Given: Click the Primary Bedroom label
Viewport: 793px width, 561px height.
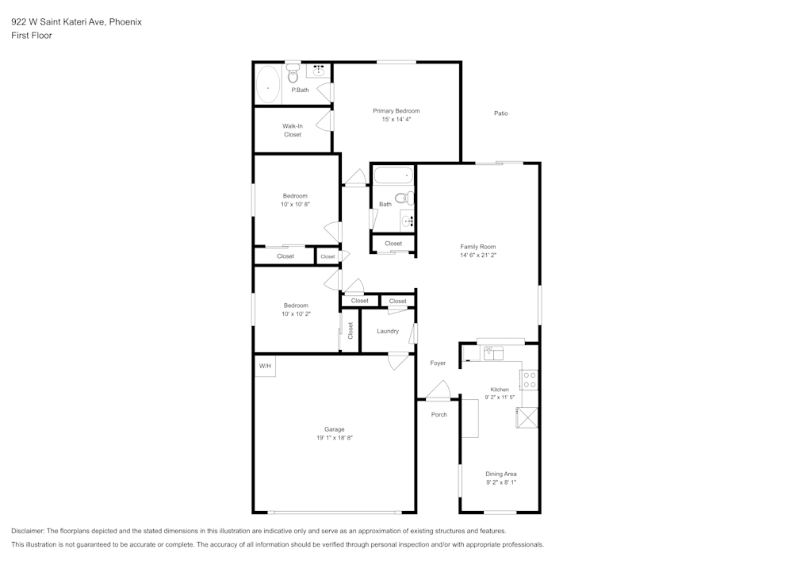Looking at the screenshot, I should point(396,110).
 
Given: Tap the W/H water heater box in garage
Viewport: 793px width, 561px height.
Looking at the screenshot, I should point(264,366).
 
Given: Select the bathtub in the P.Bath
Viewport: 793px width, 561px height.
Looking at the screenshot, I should point(267,85).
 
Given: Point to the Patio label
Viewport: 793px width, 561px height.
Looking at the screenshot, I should point(500,113).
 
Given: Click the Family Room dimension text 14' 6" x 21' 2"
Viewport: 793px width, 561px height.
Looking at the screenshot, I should point(477,256).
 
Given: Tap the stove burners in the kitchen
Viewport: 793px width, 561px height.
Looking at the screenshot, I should point(530,379).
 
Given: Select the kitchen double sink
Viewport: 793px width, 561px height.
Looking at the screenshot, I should point(495,352).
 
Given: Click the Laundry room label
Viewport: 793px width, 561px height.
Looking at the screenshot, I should point(388,331).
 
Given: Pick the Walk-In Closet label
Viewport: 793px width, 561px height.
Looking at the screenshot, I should point(293,130).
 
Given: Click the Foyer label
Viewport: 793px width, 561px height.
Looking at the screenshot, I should point(438,363).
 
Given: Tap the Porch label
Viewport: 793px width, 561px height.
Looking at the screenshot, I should point(439,414).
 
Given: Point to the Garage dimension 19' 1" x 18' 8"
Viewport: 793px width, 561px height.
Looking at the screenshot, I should point(333,437).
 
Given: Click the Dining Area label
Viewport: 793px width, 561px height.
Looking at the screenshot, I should point(500,474).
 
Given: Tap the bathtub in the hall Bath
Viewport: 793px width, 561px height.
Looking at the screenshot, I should point(393,175).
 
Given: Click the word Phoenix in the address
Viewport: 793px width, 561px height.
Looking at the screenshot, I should point(126,22).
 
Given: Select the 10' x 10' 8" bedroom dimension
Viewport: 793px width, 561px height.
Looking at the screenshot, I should point(295,204).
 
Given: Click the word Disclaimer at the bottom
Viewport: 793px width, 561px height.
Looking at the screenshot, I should point(28,531).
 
